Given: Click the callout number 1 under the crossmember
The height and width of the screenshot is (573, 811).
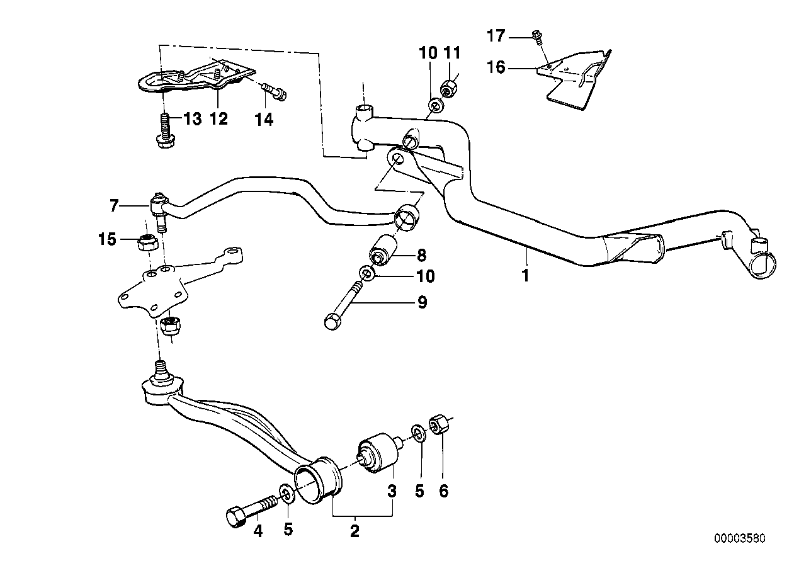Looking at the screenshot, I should point(526,275).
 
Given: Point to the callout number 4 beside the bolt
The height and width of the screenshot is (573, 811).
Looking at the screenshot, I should point(258,530).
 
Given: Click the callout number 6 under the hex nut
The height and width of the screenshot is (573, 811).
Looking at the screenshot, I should point(443,491).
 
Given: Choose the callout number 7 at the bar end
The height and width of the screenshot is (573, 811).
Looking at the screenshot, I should point(113,205).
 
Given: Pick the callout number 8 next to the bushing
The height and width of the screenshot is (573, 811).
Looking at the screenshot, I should point(421,255).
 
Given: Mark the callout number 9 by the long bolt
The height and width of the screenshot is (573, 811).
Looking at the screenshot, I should point(421,303).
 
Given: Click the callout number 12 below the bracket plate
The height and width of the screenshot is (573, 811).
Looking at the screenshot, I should point(218,118).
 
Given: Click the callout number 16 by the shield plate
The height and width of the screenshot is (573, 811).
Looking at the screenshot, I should point(496,66).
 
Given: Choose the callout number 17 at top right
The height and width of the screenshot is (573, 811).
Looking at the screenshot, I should point(496,37).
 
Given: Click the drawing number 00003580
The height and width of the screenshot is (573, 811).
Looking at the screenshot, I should point(740,540).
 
